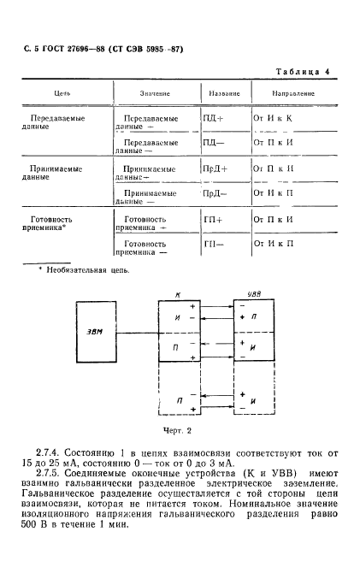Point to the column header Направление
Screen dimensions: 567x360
(x=293, y=92)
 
